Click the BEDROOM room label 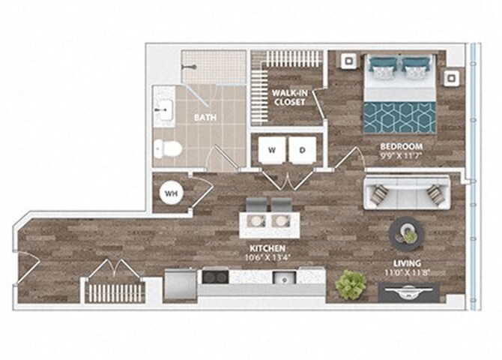click(x=401, y=146)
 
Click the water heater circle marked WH click(x=172, y=193)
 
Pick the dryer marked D click(x=303, y=150)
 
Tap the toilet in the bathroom click(x=168, y=149)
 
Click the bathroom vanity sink click(x=163, y=111)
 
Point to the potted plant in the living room click(x=351, y=285)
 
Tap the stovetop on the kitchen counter click(x=214, y=277)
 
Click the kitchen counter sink click(x=285, y=278)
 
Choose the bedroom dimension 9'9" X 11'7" click(x=402, y=157)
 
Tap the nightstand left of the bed click(x=348, y=62)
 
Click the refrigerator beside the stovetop click(x=180, y=283)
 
